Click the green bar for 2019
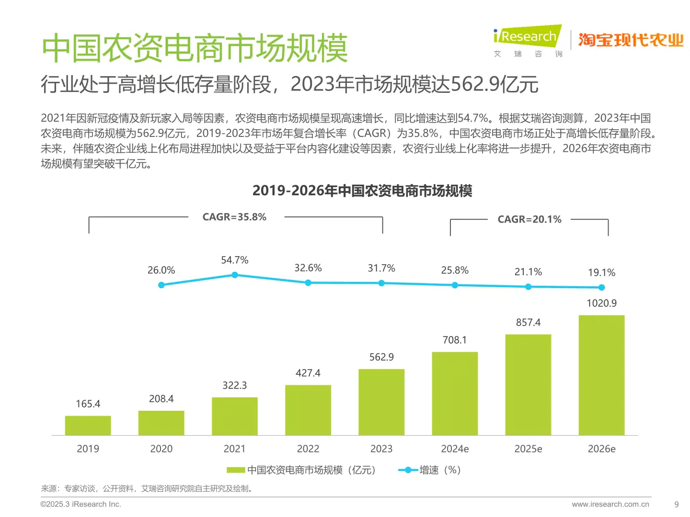88,425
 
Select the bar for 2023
381,402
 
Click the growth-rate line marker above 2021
235,275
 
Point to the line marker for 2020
161,285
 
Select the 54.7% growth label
235,260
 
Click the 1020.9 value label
601,303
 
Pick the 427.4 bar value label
308,373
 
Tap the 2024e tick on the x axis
455,449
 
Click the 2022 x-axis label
308,449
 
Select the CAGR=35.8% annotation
234,217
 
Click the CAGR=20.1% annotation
529,219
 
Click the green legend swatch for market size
236,470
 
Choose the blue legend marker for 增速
408,470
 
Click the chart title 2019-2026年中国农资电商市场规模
362,191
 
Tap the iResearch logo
527,37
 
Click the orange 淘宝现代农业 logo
631,40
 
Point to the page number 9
676,504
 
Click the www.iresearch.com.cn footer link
610,504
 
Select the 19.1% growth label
601,272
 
